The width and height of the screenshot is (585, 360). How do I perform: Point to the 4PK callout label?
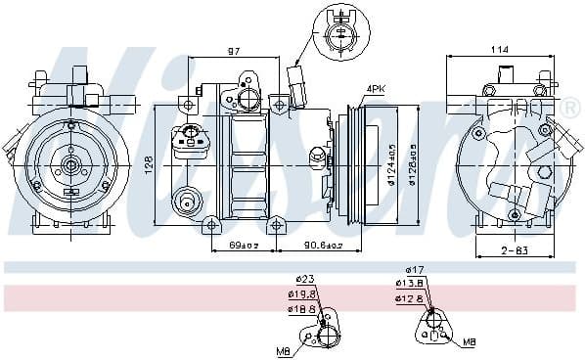tap(377, 89)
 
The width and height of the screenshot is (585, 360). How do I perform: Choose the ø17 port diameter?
tap(416, 269)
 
